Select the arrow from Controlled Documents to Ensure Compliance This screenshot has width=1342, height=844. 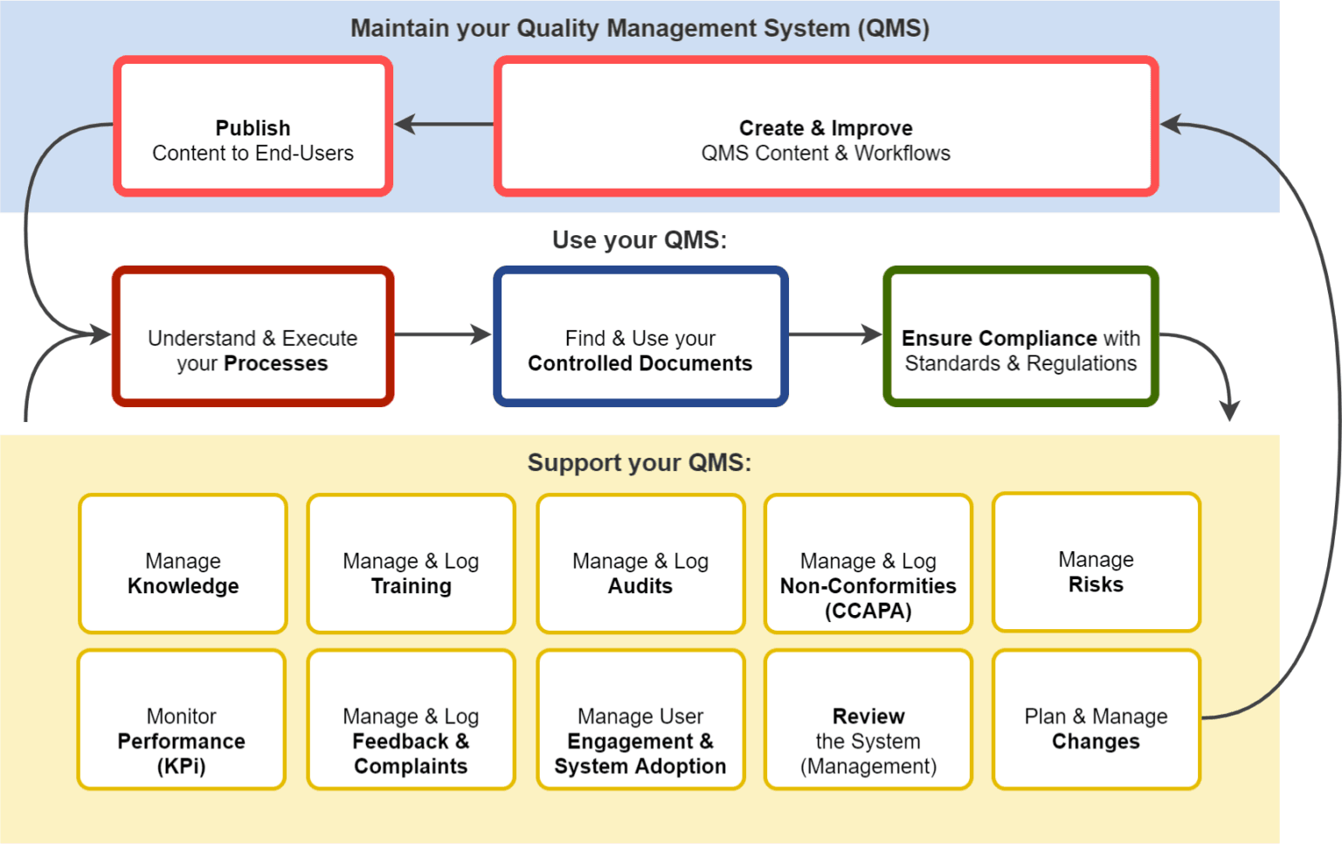click(x=835, y=334)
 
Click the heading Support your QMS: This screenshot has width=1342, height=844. click(x=640, y=462)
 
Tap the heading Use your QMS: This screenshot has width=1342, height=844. click(x=640, y=239)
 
